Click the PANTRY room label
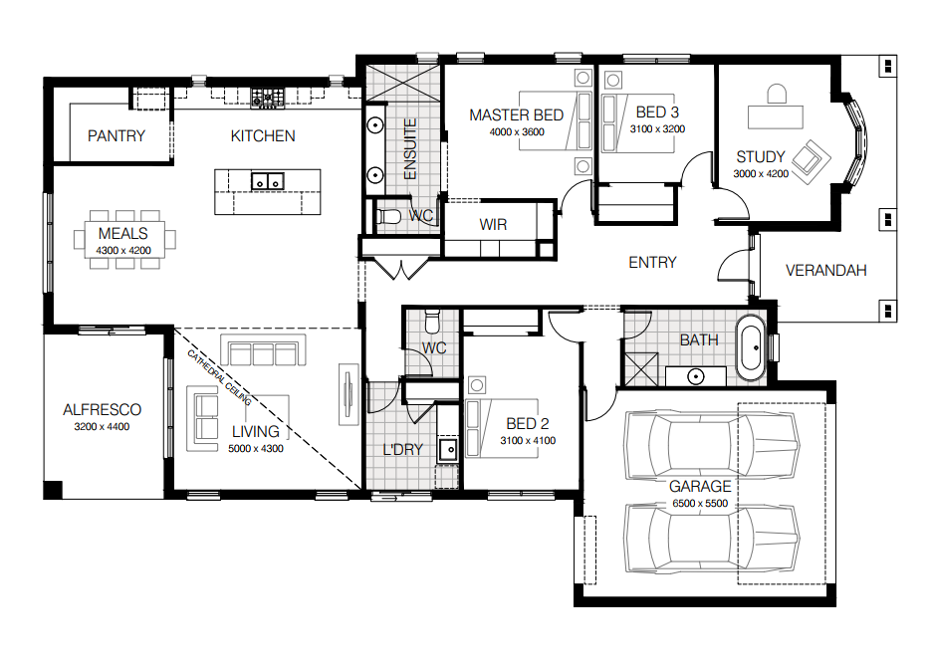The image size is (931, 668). (x=116, y=136)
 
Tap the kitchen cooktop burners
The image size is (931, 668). (x=267, y=98)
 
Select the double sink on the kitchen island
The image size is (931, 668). (x=268, y=181)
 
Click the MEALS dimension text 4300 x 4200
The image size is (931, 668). (x=123, y=251)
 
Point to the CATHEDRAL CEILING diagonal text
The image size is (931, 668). (x=219, y=377)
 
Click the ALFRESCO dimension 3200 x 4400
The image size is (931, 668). (x=102, y=426)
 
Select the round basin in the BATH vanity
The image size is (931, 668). (x=696, y=376)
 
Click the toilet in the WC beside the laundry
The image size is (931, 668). (x=432, y=322)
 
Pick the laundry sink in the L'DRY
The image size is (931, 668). (x=448, y=450)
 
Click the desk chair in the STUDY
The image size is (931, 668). (x=777, y=94)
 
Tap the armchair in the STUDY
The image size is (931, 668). (x=811, y=161)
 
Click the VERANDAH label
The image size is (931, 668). (x=825, y=271)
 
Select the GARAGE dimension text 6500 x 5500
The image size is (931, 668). (x=700, y=504)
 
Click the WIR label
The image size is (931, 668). (x=494, y=225)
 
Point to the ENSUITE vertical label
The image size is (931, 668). (x=410, y=149)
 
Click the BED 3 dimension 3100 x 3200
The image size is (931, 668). (x=657, y=128)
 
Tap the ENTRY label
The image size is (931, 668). (x=652, y=263)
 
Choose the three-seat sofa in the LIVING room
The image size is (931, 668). (x=263, y=350)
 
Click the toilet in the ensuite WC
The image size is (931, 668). (x=389, y=217)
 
